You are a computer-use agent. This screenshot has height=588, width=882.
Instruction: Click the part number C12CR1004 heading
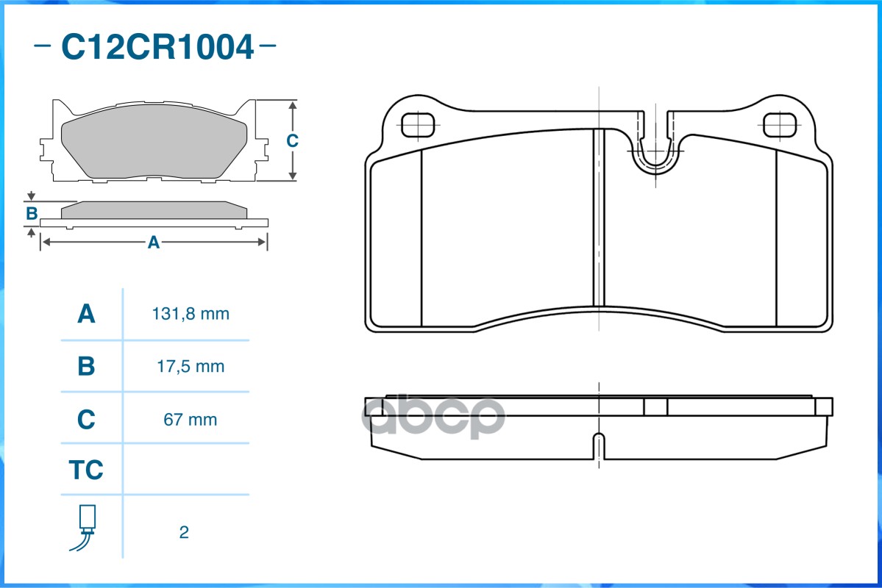[157, 46]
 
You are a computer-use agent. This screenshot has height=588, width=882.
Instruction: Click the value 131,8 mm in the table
[191, 314]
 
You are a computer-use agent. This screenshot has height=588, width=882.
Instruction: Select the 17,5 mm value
[191, 367]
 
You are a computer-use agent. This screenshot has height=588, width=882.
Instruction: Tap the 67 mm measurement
[190, 420]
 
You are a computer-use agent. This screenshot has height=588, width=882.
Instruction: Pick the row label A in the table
[86, 314]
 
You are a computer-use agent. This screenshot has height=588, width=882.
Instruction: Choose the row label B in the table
[86, 366]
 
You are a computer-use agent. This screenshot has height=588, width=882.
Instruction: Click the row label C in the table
[86, 419]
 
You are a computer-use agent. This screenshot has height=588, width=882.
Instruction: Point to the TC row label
[86, 470]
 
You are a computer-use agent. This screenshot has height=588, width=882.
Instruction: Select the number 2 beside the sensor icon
[184, 532]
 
